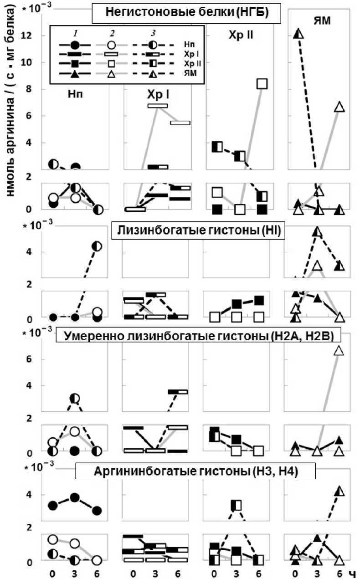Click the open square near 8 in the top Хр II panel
tap(262, 83)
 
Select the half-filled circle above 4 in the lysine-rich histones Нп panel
tap(97, 246)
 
